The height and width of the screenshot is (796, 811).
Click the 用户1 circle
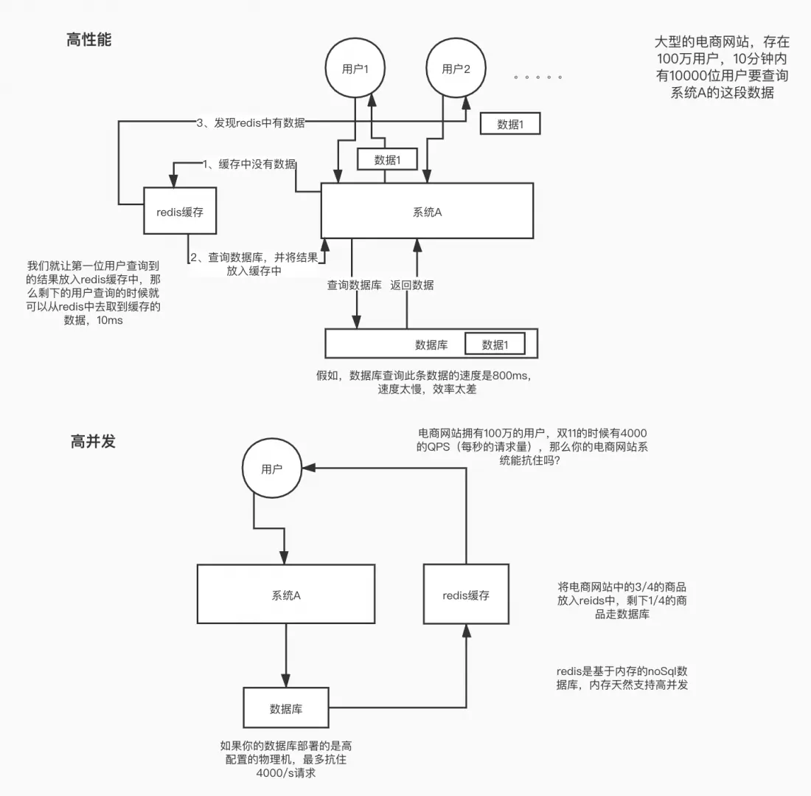pyautogui.click(x=355, y=69)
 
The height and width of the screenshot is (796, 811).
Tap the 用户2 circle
pyautogui.click(x=456, y=69)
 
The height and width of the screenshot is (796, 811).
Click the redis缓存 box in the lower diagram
pyautogui.click(x=466, y=595)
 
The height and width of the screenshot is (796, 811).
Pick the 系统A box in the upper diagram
pyautogui.click(x=427, y=211)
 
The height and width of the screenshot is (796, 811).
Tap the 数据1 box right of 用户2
pyautogui.click(x=510, y=124)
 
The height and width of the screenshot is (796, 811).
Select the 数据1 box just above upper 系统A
pyautogui.click(x=387, y=159)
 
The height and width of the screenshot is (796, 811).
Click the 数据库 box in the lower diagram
pyautogui.click(x=286, y=708)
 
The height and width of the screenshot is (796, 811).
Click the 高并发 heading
pyautogui.click(x=93, y=442)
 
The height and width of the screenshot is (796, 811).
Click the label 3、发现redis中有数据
pyautogui.click(x=251, y=123)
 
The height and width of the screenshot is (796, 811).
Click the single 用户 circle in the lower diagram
pyautogui.click(x=271, y=469)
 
